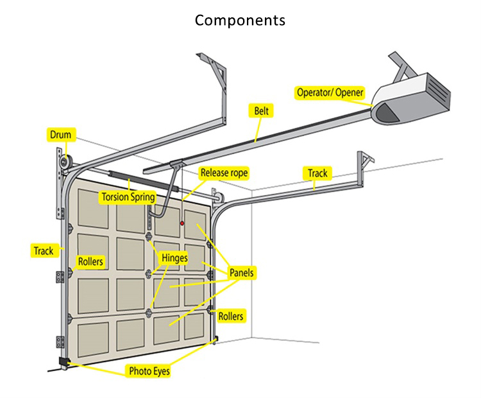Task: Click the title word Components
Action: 240,20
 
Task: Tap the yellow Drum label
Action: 62,135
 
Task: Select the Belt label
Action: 260,111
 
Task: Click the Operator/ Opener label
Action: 330,92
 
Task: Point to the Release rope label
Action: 224,173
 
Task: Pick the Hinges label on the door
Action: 174,258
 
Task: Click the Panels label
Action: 242,273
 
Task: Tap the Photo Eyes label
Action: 149,370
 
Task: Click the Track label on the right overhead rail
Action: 317,173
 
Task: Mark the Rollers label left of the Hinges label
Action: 90,262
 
